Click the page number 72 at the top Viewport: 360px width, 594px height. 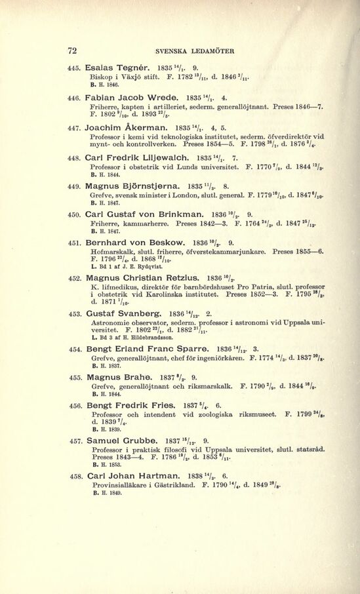(73, 50)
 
